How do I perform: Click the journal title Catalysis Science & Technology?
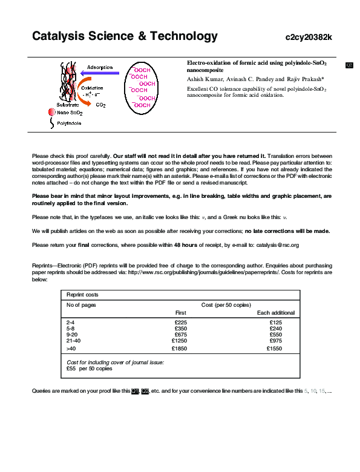tap(125, 36)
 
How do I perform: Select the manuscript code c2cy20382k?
tap(309, 38)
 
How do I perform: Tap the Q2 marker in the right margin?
tap(349, 65)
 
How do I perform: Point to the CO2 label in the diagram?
tap(100, 105)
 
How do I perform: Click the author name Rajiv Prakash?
tap(306, 79)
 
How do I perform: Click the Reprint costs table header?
tap(82, 295)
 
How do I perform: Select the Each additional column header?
tap(275, 312)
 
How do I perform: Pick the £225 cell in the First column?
tap(180, 323)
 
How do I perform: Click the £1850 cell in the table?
tap(179, 349)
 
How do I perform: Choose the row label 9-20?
tap(72, 334)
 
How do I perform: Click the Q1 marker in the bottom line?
tap(135, 391)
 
